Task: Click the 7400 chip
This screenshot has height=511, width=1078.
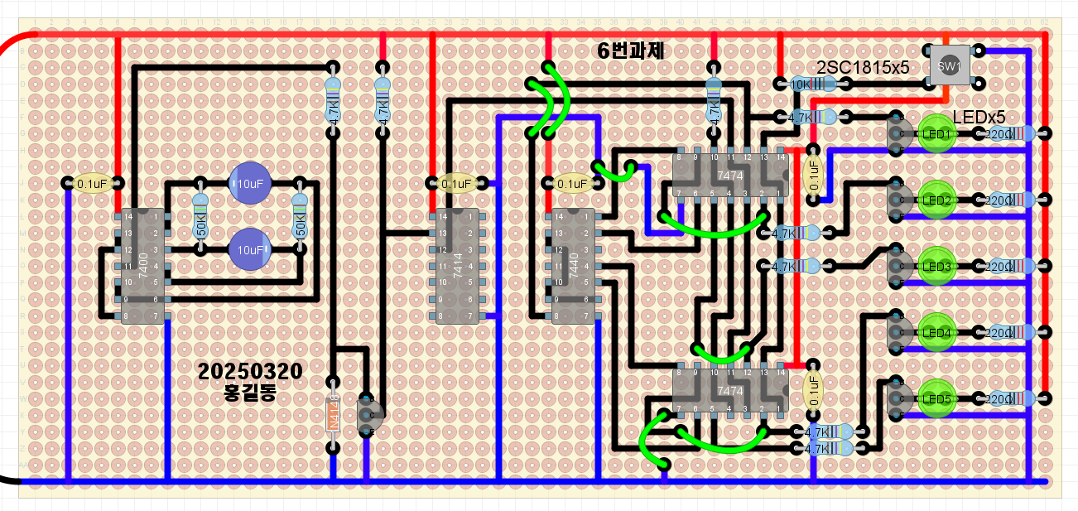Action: (142, 265)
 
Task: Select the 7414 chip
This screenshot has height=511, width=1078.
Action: (456, 265)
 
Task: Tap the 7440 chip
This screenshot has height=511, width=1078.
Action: (573, 265)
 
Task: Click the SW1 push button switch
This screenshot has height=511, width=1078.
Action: (949, 66)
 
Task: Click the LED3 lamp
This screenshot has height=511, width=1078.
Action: (938, 266)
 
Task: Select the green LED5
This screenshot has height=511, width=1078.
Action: (938, 398)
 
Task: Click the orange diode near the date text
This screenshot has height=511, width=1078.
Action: (333, 415)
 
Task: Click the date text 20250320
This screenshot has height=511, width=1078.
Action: (250, 372)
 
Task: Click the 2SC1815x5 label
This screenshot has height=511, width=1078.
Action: (863, 67)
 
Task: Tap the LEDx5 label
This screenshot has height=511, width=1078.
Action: (979, 117)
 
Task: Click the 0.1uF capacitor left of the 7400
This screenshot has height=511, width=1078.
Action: (92, 183)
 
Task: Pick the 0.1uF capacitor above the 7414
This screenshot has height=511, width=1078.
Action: (456, 183)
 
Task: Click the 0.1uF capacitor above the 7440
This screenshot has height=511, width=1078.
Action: (572, 183)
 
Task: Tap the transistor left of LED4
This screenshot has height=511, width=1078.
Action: (896, 332)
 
